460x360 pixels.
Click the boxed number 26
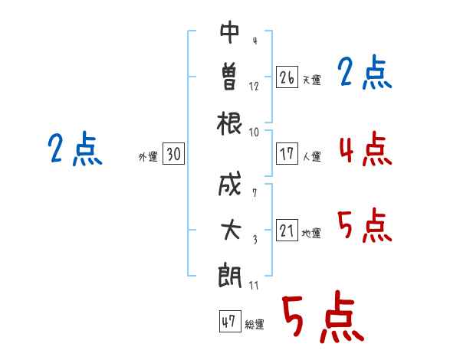tap(287, 77)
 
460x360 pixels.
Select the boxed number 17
tap(287, 154)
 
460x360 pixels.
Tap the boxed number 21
tap(287, 231)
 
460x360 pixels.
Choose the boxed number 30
tap(172, 155)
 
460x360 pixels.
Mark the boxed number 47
tap(228, 322)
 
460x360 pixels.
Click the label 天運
tap(311, 80)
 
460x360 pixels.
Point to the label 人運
tap(311, 156)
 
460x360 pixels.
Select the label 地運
tap(311, 233)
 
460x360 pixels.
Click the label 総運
tap(255, 324)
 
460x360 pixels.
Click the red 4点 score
tap(364, 149)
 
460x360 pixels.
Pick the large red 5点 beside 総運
tap(322, 318)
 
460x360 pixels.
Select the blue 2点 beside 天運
tap(364, 74)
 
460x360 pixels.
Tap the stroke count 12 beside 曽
tap(255, 86)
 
